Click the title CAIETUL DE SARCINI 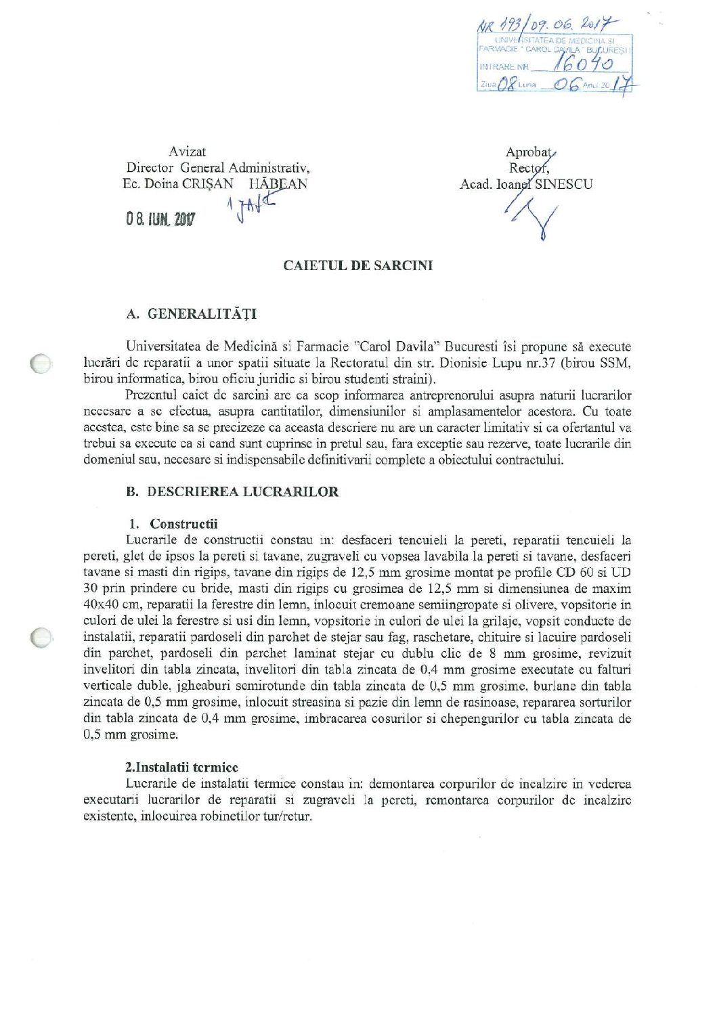pos(357,265)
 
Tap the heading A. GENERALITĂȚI pos(192,314)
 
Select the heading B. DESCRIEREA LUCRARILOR pos(232,492)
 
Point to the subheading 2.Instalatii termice pos(181,768)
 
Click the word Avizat pos(188,152)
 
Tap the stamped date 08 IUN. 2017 pos(160,219)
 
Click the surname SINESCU pos(563,184)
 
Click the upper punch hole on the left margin pos(41,363)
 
